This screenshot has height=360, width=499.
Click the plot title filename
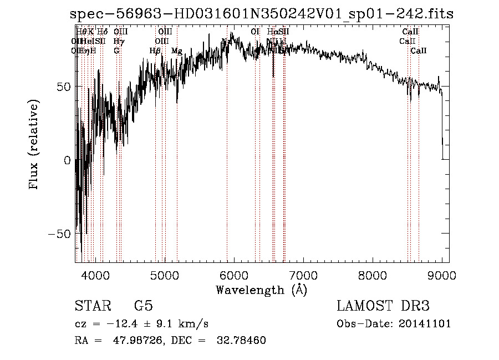[x=262, y=14]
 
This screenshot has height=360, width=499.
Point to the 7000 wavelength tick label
[x=303, y=275]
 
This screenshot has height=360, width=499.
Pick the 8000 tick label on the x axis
[x=372, y=275]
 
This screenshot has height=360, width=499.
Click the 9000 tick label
[x=441, y=275]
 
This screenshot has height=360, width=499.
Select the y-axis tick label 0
[x=67, y=160]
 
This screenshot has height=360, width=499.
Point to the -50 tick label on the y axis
[x=60, y=234]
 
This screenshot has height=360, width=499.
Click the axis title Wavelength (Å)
[x=261, y=290]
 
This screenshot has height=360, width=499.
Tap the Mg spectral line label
[x=177, y=51]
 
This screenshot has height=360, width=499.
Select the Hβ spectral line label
[x=155, y=51]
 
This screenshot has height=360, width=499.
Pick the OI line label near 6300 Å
[x=255, y=32]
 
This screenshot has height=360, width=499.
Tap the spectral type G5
[x=143, y=306]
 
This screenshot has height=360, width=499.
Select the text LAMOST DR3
[x=383, y=306]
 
